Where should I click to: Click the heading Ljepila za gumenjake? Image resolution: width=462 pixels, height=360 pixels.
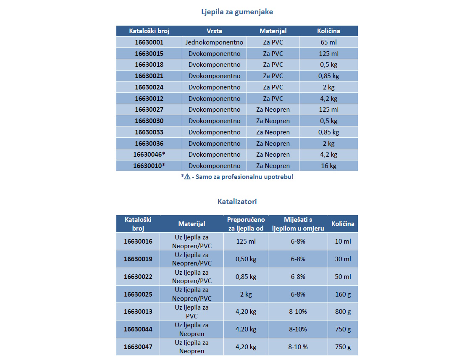pyautogui.click(x=237, y=12)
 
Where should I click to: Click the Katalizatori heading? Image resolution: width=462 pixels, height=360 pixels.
pyautogui.click(x=237, y=202)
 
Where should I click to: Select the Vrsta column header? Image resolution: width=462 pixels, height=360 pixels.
pyautogui.click(x=214, y=31)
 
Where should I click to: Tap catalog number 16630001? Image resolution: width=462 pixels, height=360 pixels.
pyautogui.click(x=149, y=42)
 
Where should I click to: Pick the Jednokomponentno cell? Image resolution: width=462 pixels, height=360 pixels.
pyautogui.click(x=214, y=42)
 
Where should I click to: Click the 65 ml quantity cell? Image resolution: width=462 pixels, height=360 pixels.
pyautogui.click(x=328, y=42)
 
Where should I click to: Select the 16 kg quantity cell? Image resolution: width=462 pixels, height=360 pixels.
pyautogui.click(x=328, y=166)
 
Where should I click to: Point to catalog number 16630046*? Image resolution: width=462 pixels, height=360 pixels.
pyautogui.click(x=149, y=155)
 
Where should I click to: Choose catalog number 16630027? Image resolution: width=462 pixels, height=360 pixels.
pyautogui.click(x=149, y=110)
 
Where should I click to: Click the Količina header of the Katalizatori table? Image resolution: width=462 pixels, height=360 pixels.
pyautogui.click(x=343, y=224)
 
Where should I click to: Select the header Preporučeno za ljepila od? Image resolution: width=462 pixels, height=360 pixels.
pyautogui.click(x=246, y=224)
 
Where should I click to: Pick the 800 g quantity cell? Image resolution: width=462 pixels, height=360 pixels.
pyautogui.click(x=343, y=312)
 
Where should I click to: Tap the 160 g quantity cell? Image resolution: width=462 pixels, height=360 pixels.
pyautogui.click(x=343, y=294)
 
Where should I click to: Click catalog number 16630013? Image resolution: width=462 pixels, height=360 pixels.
pyautogui.click(x=138, y=312)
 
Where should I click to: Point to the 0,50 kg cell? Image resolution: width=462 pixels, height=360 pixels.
pyautogui.click(x=246, y=259)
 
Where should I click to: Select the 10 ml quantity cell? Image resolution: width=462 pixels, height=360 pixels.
pyautogui.click(x=343, y=242)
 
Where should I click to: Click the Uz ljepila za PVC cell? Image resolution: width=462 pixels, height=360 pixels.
pyautogui.click(x=192, y=312)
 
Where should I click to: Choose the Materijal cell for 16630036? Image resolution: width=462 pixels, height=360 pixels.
pyautogui.click(x=273, y=144)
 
